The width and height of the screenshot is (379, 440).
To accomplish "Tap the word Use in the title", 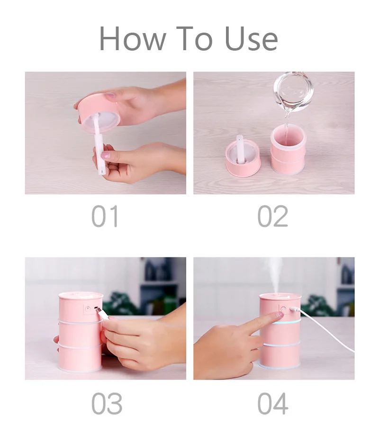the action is pos(251,38).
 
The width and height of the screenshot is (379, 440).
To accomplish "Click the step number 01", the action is pos(105,216).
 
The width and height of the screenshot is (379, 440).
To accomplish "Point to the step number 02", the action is pos(273,216).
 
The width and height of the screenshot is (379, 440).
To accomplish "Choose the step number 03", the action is pos(107,404).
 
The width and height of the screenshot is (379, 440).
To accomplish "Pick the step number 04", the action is pos(273,404).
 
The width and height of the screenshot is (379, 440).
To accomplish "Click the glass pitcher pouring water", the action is pos(293,90).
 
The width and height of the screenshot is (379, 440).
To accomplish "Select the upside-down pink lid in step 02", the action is pos(243,158).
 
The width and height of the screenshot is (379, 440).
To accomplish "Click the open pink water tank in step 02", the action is pos(288,150).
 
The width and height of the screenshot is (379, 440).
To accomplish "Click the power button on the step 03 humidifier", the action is pos(87,309).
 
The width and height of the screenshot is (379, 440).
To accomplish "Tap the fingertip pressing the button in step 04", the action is pos(280,314).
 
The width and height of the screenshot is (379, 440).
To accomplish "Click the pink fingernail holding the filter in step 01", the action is pos(105,155).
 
